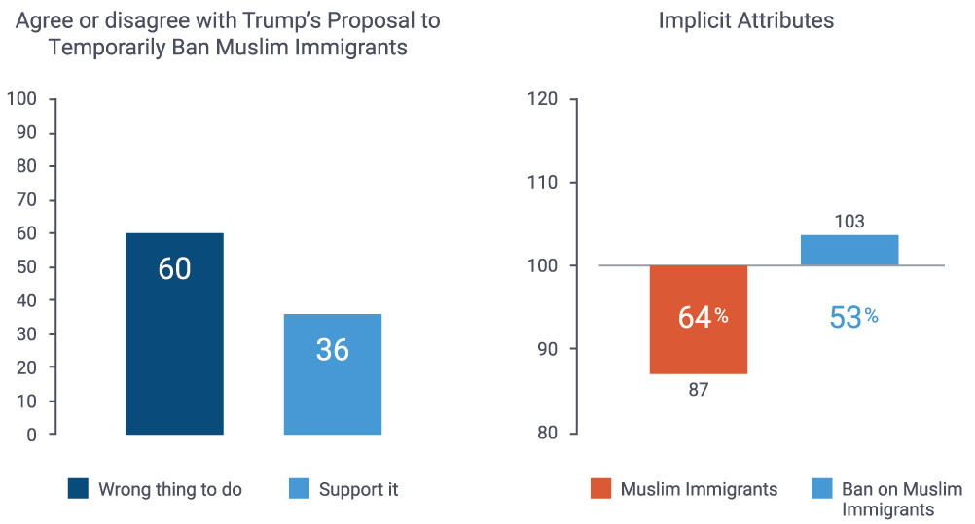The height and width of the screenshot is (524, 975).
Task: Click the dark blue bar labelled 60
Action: (174, 333)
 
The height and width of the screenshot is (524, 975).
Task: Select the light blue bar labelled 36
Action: (332, 374)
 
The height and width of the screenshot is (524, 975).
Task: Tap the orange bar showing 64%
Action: (698, 319)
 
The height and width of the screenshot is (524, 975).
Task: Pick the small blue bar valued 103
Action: (849, 250)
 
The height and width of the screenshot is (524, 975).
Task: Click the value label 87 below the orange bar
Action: (698, 389)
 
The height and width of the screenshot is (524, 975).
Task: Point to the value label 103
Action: (849, 222)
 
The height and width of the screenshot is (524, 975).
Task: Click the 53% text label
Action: (853, 317)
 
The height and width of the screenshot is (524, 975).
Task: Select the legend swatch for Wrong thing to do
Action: (78, 489)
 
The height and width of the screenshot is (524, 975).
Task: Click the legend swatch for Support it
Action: (299, 489)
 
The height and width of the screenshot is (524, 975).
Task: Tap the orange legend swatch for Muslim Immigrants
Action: (599, 489)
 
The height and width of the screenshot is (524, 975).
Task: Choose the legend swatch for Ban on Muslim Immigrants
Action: (820, 489)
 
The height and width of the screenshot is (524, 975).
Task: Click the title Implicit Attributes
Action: (745, 20)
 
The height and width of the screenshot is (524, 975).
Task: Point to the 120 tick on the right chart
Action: (544, 99)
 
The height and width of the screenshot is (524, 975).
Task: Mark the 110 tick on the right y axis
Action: (544, 183)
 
